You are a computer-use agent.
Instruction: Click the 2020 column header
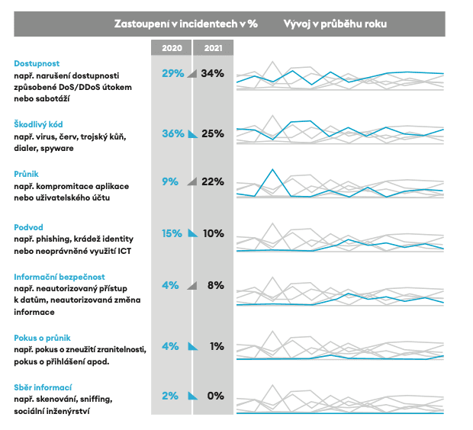[172, 47]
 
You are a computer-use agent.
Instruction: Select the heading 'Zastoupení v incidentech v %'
[185, 24]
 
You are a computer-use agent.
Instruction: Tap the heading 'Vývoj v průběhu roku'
[335, 24]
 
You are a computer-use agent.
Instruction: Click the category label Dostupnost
[37, 63]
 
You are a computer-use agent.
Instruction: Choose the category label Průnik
[27, 174]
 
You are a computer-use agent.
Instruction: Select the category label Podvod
[30, 226]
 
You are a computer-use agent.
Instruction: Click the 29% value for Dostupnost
[173, 73]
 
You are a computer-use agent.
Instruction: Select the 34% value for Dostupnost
[213, 73]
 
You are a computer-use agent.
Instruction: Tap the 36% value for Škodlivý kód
[173, 133]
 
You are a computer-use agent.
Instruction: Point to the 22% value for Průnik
[213, 181]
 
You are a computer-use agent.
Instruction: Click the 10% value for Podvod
[213, 233]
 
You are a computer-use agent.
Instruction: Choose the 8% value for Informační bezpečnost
[215, 285]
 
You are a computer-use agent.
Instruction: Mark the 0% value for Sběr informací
[215, 396]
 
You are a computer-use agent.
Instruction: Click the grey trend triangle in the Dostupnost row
[192, 74]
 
